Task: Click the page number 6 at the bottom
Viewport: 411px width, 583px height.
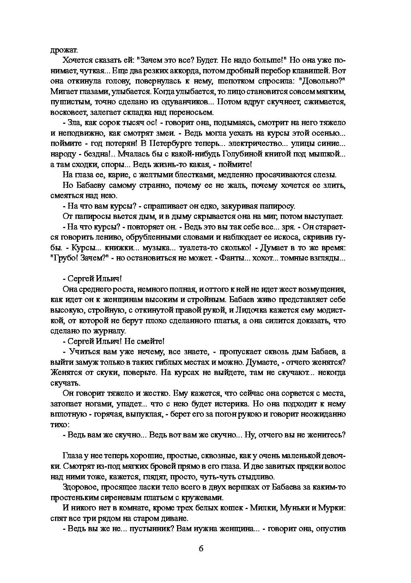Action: pos(201,549)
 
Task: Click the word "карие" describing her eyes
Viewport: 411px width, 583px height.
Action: pos(118,175)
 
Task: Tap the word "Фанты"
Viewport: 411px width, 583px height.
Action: pos(232,258)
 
